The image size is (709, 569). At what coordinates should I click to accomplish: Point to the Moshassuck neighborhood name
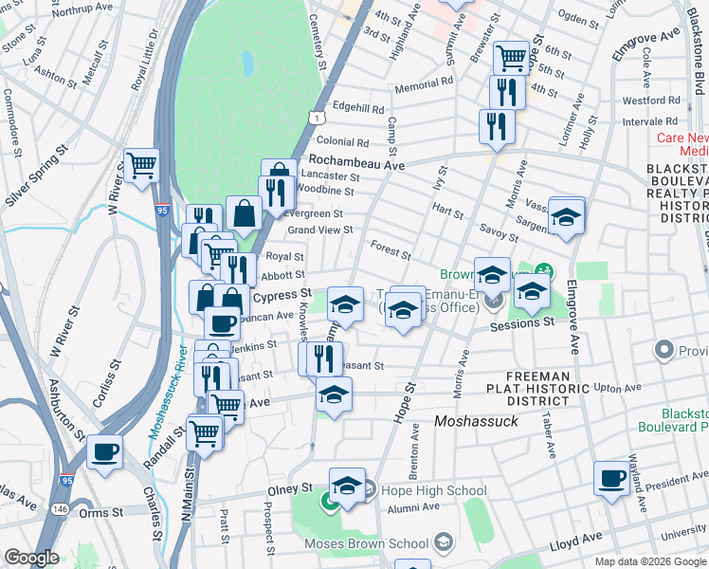click(476, 420)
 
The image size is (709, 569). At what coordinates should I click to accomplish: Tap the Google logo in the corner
click(30, 558)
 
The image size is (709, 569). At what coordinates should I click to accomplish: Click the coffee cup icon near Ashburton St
click(104, 450)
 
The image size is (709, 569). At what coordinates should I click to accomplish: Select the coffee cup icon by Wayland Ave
click(612, 477)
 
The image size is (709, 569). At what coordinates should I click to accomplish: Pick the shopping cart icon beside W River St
click(141, 165)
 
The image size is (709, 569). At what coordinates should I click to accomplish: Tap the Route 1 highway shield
click(315, 116)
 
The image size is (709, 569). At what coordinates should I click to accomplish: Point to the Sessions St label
click(521, 323)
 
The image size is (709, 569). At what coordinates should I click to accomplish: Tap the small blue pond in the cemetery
click(247, 64)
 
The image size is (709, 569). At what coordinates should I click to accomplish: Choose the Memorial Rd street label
click(418, 84)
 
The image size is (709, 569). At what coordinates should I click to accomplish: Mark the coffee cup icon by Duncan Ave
click(222, 322)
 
